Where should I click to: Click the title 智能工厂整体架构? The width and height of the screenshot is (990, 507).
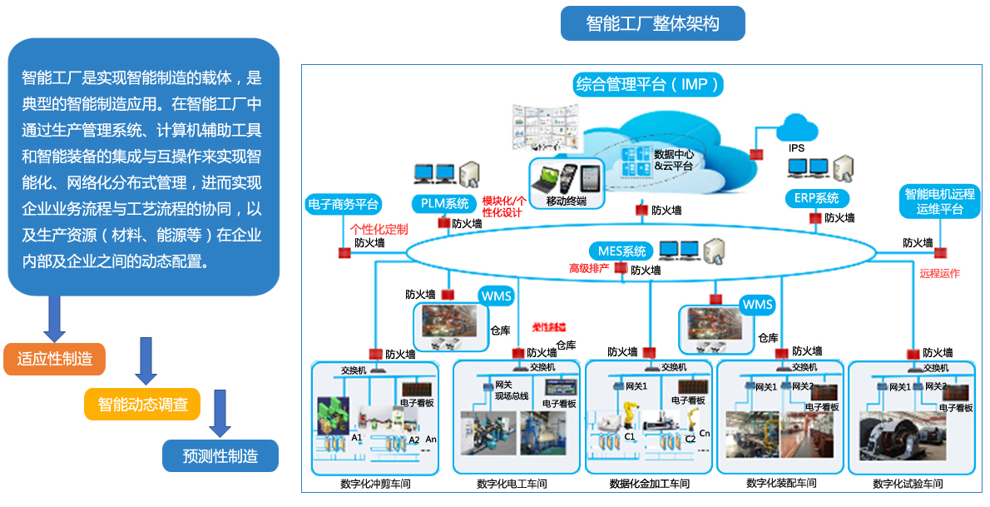coord(652,23)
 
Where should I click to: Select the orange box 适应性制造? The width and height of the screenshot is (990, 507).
coord(55,359)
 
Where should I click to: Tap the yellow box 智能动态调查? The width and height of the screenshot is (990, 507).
coord(142,405)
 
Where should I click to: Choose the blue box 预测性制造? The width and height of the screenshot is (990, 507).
coord(220,455)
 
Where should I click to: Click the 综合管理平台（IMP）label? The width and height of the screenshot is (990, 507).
coord(648,84)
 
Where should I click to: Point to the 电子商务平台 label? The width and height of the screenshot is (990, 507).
coord(344,203)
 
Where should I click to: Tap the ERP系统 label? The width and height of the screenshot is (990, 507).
coord(817,199)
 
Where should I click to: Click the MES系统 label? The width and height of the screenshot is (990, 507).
coord(621,251)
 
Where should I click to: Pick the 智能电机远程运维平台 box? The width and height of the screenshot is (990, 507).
coord(939,202)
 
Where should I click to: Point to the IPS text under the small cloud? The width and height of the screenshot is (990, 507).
coord(796,148)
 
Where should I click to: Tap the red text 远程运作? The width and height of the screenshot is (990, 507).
coord(939,273)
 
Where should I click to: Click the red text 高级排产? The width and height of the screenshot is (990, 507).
coord(589,268)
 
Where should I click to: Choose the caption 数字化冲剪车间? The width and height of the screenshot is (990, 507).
coord(375,484)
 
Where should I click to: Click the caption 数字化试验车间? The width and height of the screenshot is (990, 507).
coord(908,484)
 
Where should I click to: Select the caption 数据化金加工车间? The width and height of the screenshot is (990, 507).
coord(650,483)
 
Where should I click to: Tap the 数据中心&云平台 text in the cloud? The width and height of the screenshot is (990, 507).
coord(674,160)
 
